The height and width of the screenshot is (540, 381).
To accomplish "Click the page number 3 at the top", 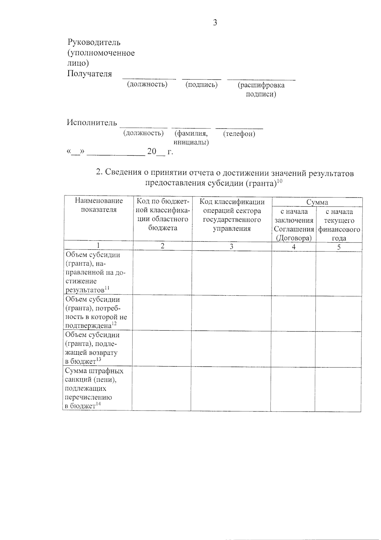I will [x=215, y=23].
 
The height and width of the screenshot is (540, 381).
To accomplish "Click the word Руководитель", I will [x=94, y=42].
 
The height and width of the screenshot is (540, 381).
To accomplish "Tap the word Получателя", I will [x=90, y=74].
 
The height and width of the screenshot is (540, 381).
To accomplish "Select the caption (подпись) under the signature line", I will [x=202, y=85].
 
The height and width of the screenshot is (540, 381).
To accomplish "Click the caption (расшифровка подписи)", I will [x=261, y=90].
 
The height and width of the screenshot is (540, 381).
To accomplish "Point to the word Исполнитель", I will [x=92, y=123].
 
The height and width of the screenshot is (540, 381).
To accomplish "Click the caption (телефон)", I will [x=239, y=134].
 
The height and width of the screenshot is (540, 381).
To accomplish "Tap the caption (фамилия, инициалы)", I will [x=191, y=138].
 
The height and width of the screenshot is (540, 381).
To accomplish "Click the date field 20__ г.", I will [x=160, y=152].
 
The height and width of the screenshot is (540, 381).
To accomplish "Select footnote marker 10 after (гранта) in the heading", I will [x=279, y=181].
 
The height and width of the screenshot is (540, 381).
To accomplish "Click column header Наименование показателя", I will [x=99, y=205].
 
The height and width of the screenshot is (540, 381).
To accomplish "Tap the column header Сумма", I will [x=317, y=202].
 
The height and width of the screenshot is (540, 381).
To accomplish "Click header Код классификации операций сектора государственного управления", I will [x=232, y=215].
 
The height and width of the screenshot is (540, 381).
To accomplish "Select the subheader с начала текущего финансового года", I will [x=339, y=225].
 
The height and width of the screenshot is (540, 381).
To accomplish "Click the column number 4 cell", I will [x=294, y=247].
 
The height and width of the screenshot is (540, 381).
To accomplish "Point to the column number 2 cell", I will [x=162, y=246].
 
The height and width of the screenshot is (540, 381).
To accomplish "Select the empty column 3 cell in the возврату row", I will [x=231, y=348].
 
